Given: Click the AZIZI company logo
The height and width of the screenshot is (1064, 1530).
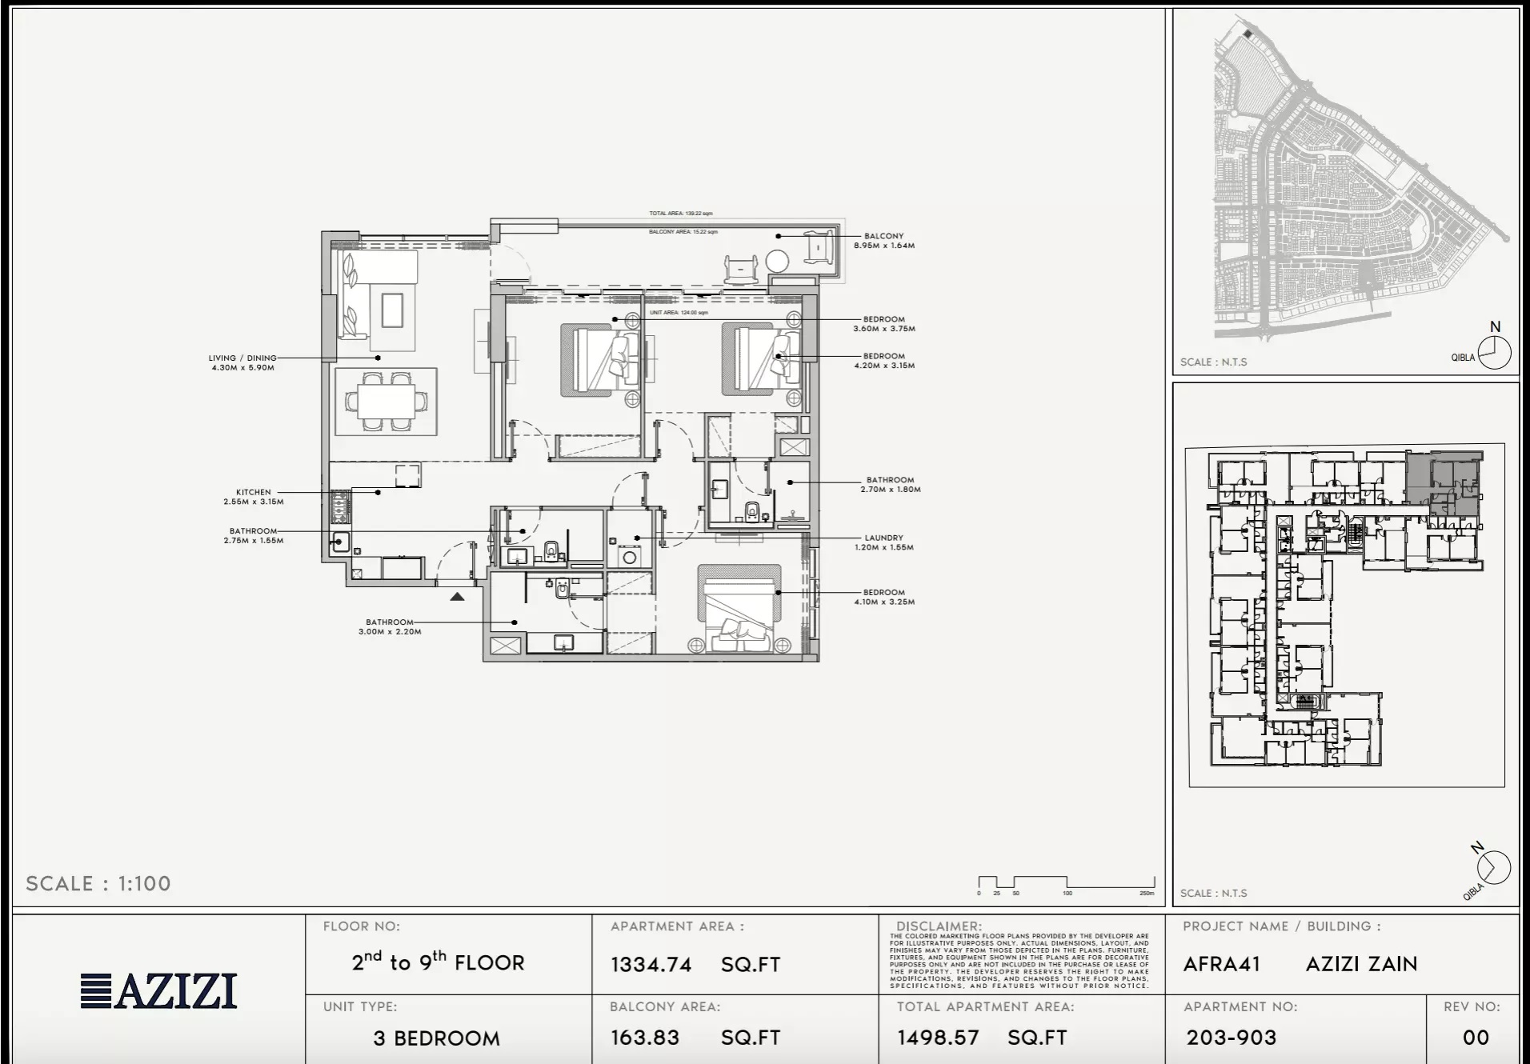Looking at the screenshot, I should (159, 990).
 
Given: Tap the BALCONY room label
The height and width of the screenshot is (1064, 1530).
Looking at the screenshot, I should (883, 236).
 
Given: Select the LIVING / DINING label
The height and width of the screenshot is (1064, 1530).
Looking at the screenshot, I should (242, 358).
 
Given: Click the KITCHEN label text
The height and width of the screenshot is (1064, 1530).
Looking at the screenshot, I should (253, 492).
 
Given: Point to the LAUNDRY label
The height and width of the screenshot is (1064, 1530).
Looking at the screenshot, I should (883, 538).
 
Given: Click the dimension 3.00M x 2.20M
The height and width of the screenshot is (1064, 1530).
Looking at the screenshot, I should (390, 632).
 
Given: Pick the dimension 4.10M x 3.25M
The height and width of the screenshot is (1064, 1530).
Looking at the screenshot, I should (884, 602).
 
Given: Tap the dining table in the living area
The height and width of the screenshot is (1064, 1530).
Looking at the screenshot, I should (387, 401).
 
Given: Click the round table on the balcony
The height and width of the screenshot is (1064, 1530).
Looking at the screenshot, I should (777, 261).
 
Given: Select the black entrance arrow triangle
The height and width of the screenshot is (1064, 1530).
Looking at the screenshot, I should (457, 597).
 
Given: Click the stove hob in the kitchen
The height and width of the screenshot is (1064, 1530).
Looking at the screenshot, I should (340, 506).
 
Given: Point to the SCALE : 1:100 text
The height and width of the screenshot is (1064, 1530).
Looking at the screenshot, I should (98, 883).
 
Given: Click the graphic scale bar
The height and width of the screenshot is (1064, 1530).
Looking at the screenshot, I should (1066, 883).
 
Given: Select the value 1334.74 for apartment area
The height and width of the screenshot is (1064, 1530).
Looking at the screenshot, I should (651, 965).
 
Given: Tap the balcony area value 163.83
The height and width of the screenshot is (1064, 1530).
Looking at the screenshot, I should (645, 1038).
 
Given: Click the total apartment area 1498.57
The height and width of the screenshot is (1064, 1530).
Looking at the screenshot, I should (938, 1038).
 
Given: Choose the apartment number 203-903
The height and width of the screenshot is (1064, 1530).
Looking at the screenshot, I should (1231, 1038).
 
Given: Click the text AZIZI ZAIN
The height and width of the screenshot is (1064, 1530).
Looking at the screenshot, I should (1361, 964).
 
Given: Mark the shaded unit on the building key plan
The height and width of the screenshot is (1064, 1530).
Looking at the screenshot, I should (1445, 483).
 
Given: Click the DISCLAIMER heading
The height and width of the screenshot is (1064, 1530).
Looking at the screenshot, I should (938, 926).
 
